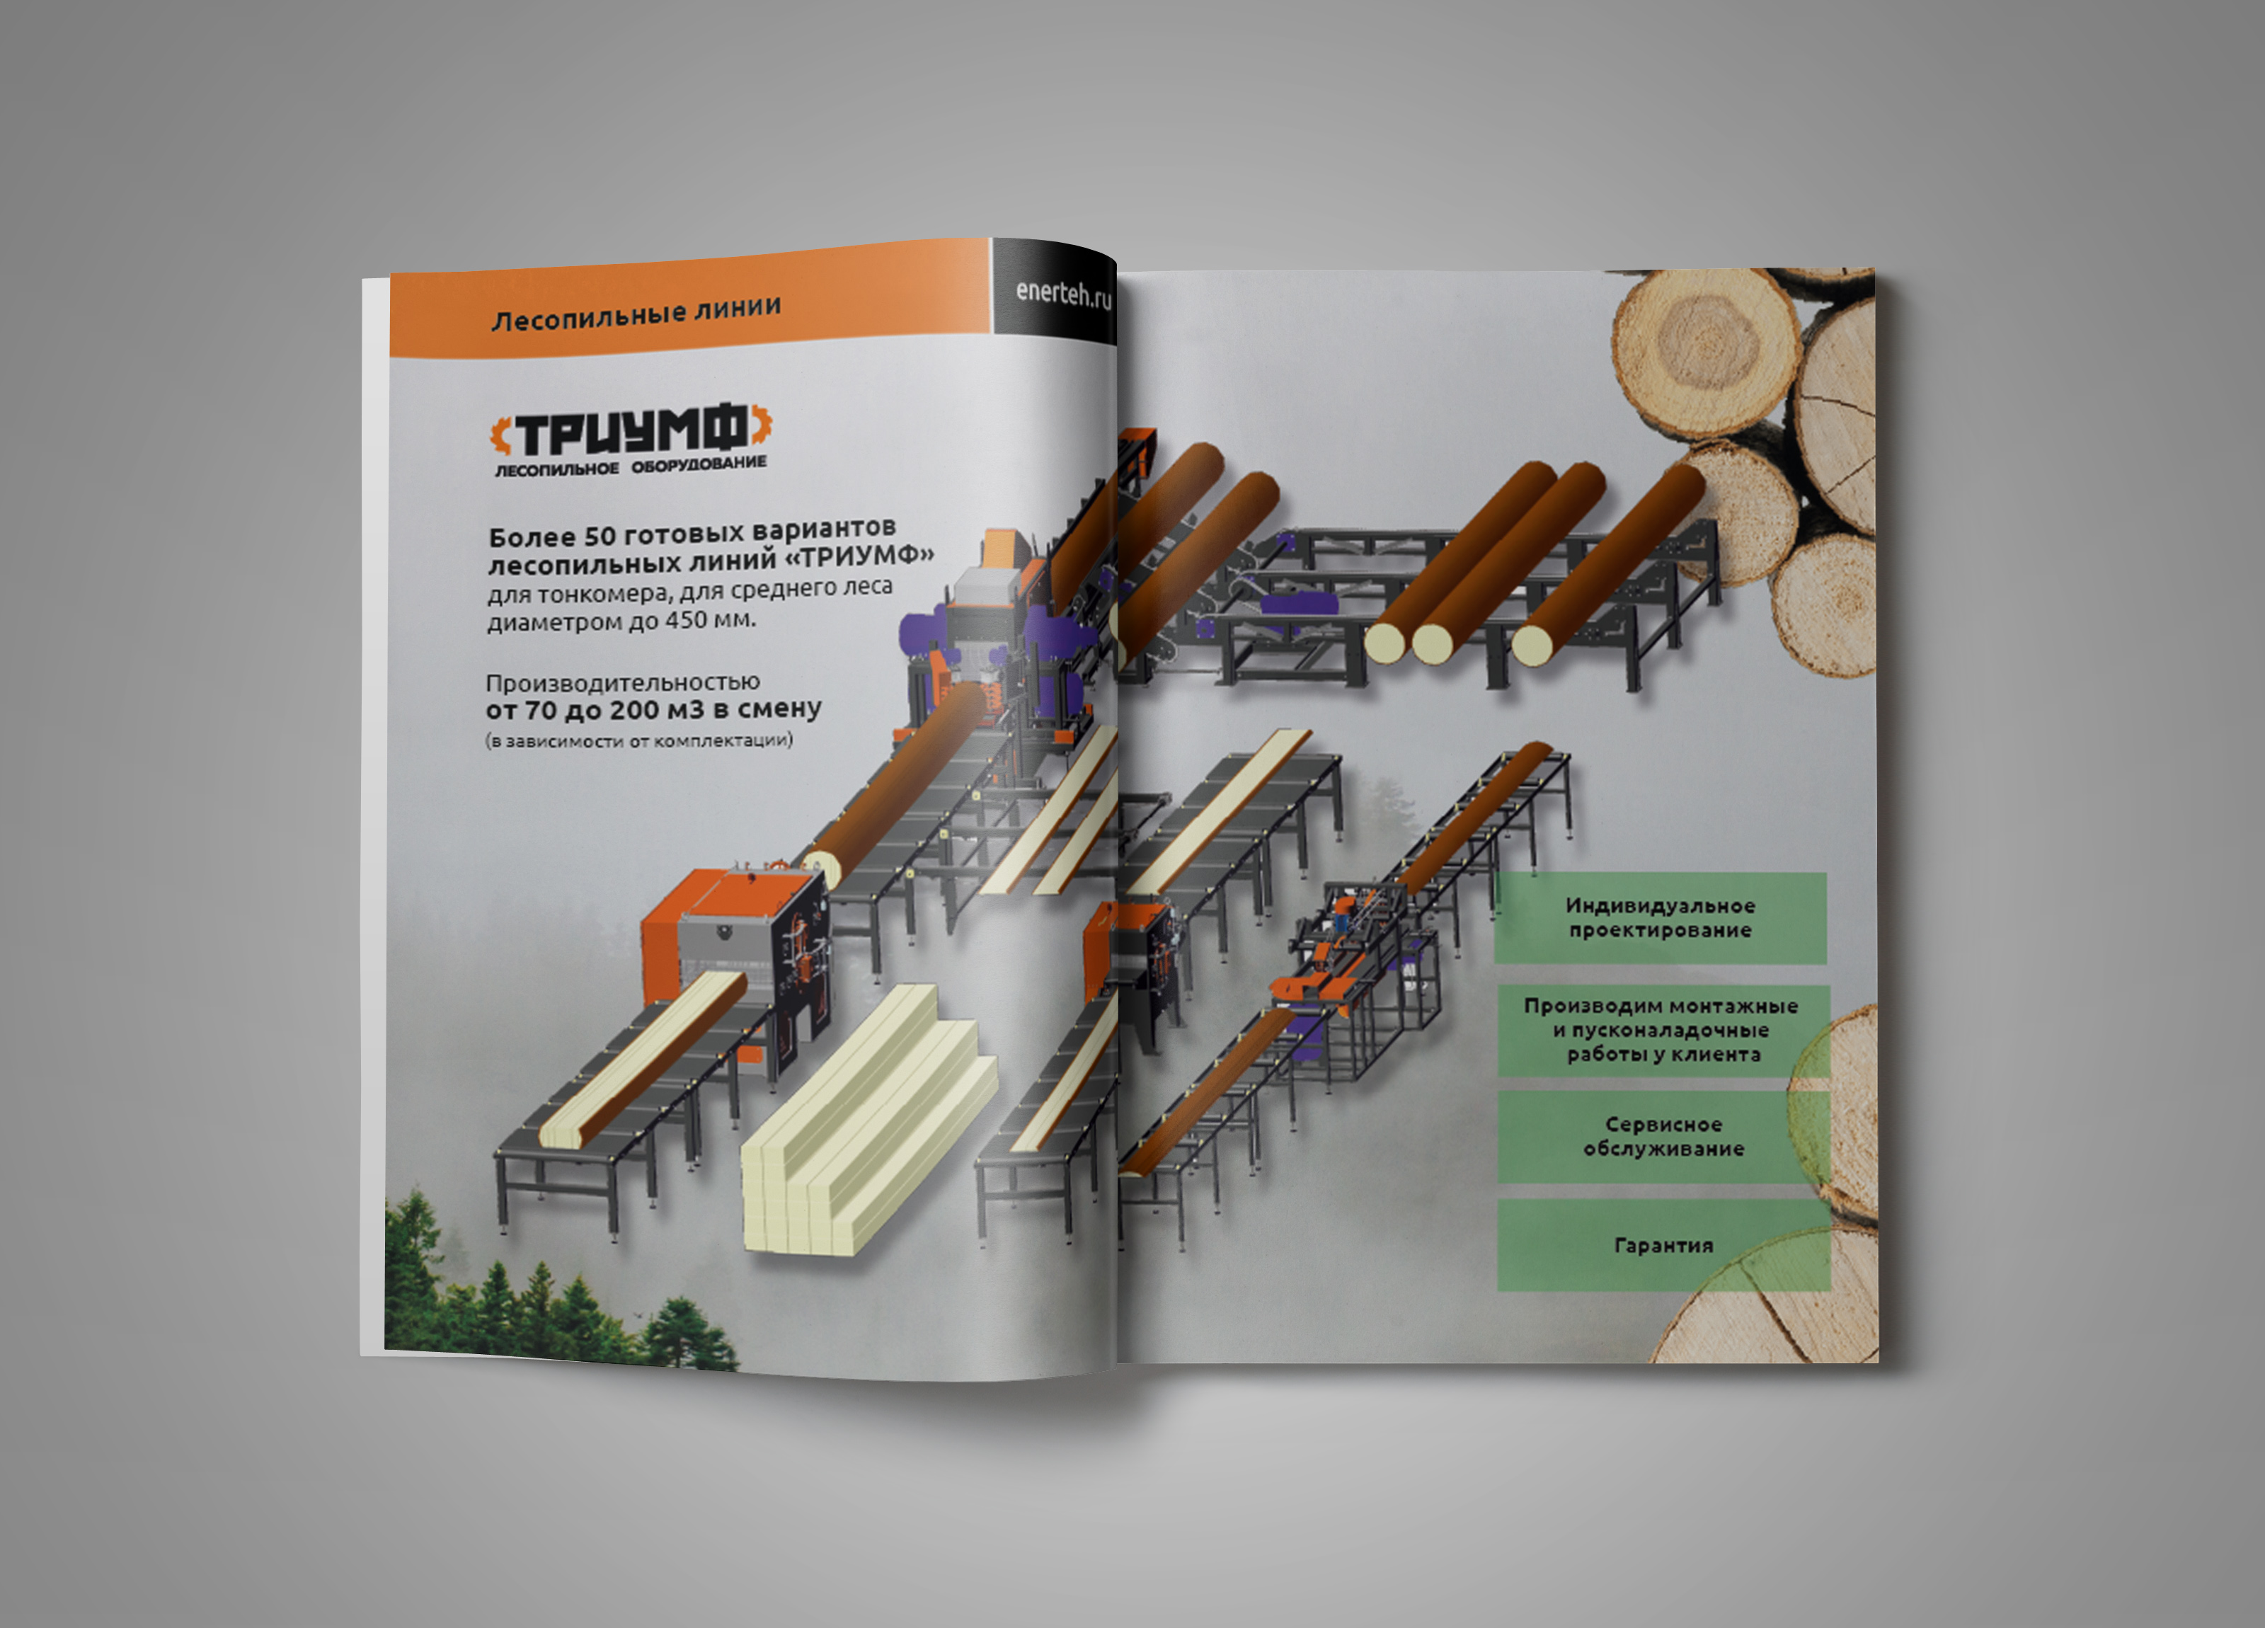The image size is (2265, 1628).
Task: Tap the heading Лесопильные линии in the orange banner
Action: [x=636, y=314]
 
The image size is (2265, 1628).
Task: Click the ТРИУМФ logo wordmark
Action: [x=631, y=432]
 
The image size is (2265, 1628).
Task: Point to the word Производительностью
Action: [x=622, y=682]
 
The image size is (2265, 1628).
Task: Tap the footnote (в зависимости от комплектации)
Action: [x=639, y=741]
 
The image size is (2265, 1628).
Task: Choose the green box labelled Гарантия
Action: [x=1663, y=1246]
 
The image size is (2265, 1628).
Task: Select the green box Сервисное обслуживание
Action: [x=1663, y=1137]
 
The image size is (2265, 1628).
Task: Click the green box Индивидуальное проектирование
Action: [x=1661, y=918]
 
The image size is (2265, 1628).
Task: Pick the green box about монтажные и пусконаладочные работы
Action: [x=1662, y=1030]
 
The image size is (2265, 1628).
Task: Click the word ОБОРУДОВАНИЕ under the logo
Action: [x=699, y=464]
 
